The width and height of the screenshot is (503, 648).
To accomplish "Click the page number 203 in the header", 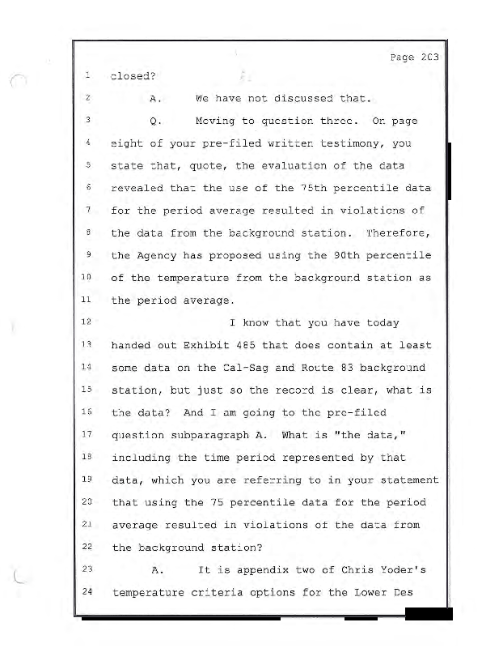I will pyautogui.click(x=429, y=58).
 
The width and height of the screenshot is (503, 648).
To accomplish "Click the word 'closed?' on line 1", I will pyautogui.click(x=133, y=77).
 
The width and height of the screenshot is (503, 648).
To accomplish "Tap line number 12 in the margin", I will pyautogui.click(x=85, y=322).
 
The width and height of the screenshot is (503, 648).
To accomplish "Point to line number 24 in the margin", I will pyautogui.click(x=85, y=591).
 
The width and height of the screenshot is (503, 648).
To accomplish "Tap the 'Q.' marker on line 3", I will pyautogui.click(x=157, y=122).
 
